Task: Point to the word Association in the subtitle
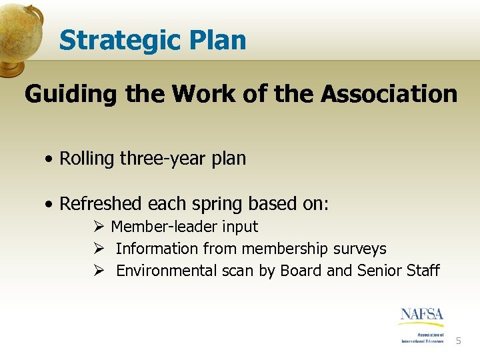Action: coord(389,94)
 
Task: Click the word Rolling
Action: coord(87,159)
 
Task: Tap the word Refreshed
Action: coord(102,203)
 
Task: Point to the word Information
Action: coord(157,249)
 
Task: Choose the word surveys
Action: coord(361,249)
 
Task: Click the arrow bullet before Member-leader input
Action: coord(99,227)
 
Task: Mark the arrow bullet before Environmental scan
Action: coord(99,271)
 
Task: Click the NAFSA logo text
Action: coord(421,314)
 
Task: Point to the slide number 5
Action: coord(458,341)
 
